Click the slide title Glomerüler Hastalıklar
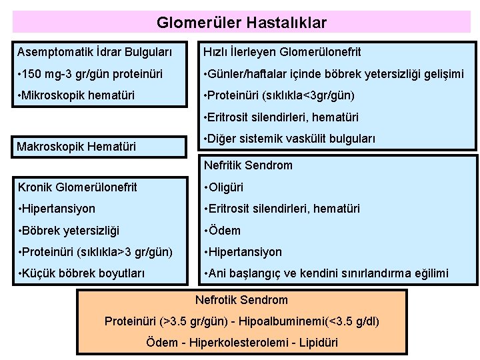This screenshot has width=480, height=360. [x=241, y=23]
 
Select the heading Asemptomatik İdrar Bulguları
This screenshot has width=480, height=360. [x=94, y=52]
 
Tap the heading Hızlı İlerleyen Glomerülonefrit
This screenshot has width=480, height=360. [x=282, y=52]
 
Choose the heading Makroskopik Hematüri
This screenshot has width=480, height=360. [x=76, y=146]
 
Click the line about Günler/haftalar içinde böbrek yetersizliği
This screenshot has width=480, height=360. [x=333, y=74]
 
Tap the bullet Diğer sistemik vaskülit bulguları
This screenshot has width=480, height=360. [x=289, y=139]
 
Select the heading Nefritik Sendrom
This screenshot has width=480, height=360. [x=248, y=165]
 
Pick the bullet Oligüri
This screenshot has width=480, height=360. [x=223, y=187]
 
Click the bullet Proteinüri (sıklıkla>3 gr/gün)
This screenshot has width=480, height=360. [x=96, y=252]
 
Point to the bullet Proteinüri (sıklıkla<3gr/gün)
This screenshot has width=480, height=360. [x=279, y=95]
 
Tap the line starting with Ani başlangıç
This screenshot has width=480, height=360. [x=327, y=273]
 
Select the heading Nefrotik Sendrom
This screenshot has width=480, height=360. [x=241, y=300]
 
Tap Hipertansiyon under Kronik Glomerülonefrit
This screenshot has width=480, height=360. [x=58, y=209]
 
